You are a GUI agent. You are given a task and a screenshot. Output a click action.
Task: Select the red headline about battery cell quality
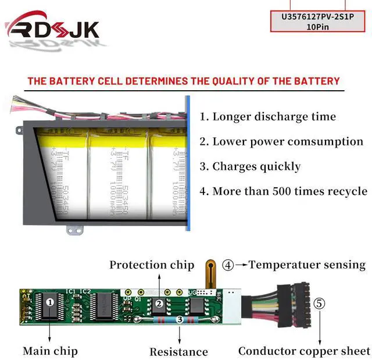(x=183, y=81)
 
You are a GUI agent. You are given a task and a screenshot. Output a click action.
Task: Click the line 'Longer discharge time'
(x=268, y=116)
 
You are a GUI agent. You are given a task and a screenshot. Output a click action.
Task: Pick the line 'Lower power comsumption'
(x=281, y=141)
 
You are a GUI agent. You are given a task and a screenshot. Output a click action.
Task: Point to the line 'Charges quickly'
(x=251, y=166)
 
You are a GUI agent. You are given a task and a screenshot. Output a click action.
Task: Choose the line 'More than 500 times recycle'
(x=283, y=191)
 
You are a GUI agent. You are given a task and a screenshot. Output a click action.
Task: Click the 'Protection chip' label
(x=152, y=265)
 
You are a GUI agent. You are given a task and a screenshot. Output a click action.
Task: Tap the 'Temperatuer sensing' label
(x=307, y=265)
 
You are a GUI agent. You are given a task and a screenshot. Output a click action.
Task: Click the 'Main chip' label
(x=50, y=351)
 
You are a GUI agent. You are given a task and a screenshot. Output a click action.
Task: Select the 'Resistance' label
(x=178, y=351)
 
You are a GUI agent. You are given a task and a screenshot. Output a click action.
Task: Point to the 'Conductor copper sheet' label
(x=304, y=351)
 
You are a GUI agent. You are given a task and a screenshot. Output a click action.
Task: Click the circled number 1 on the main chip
(x=50, y=302)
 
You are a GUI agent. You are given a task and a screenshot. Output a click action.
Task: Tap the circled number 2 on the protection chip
(x=158, y=303)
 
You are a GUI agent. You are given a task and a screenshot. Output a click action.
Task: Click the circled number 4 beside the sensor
(x=228, y=265)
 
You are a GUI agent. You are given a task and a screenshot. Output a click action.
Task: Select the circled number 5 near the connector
(x=320, y=303)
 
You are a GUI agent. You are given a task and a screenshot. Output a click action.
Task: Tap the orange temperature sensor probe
(x=209, y=273)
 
